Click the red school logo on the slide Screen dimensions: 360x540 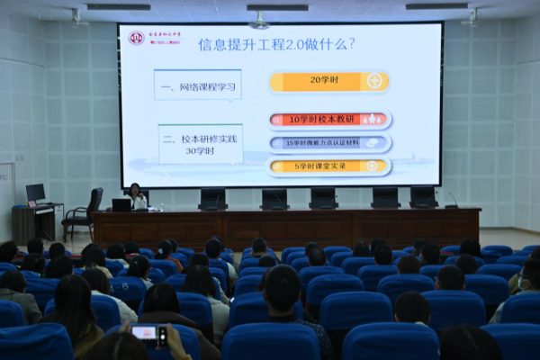tap(136, 38)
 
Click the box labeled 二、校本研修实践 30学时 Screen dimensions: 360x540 tap(200, 143)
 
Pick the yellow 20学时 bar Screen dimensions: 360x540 tap(328, 81)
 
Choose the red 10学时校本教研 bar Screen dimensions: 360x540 tap(329, 119)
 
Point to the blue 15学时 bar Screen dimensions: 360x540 tap(329, 142)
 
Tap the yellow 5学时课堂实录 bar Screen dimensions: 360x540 tap(329, 166)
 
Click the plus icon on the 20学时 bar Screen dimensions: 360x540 tap(374, 81)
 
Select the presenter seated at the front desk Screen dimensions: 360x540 tap(137, 196)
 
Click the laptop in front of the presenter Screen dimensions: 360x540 tap(121, 204)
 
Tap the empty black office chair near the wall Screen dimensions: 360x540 tap(84, 212)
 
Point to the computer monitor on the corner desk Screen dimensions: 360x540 tap(35, 193)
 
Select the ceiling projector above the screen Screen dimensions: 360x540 tap(260, 19)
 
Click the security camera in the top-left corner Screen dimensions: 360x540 tap(78, 17)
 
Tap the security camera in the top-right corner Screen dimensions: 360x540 tap(471, 17)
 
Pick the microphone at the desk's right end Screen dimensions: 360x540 tap(451, 200)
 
